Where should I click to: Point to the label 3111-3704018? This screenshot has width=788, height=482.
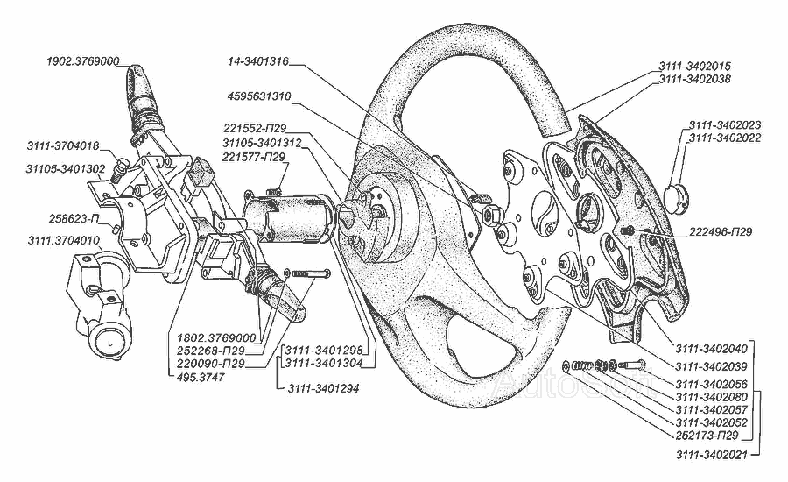click(63, 145)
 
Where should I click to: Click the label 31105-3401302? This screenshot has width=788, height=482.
click(67, 169)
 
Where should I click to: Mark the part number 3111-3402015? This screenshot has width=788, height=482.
click(691, 67)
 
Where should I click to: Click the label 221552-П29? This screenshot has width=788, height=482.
click(255, 128)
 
